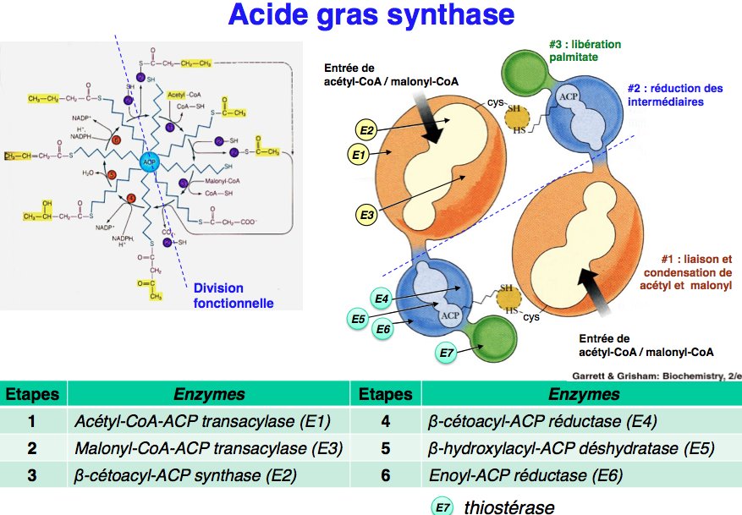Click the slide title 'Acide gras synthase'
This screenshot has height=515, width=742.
[x=371, y=16]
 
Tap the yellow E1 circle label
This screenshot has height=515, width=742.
[x=357, y=155]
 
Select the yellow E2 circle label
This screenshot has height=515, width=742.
[x=366, y=129]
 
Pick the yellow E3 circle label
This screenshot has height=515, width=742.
[x=366, y=216]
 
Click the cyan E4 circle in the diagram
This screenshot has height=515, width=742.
[x=382, y=298]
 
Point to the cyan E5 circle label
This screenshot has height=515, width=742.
[x=359, y=318]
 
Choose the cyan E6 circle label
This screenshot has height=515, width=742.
[x=383, y=329]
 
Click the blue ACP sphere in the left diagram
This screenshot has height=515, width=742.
[x=151, y=161]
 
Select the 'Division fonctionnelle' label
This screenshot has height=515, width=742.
[x=234, y=296]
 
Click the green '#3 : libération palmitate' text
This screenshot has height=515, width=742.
[x=584, y=51]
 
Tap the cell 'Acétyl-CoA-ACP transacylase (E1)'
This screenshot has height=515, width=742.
[x=202, y=421]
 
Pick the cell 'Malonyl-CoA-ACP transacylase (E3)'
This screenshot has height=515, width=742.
[x=208, y=448]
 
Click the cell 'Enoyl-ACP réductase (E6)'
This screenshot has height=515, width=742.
[x=525, y=475]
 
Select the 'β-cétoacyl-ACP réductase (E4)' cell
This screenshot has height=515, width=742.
[x=542, y=421]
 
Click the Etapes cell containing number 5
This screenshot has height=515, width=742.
[x=385, y=448]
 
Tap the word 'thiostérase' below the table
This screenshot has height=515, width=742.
[x=508, y=507]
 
